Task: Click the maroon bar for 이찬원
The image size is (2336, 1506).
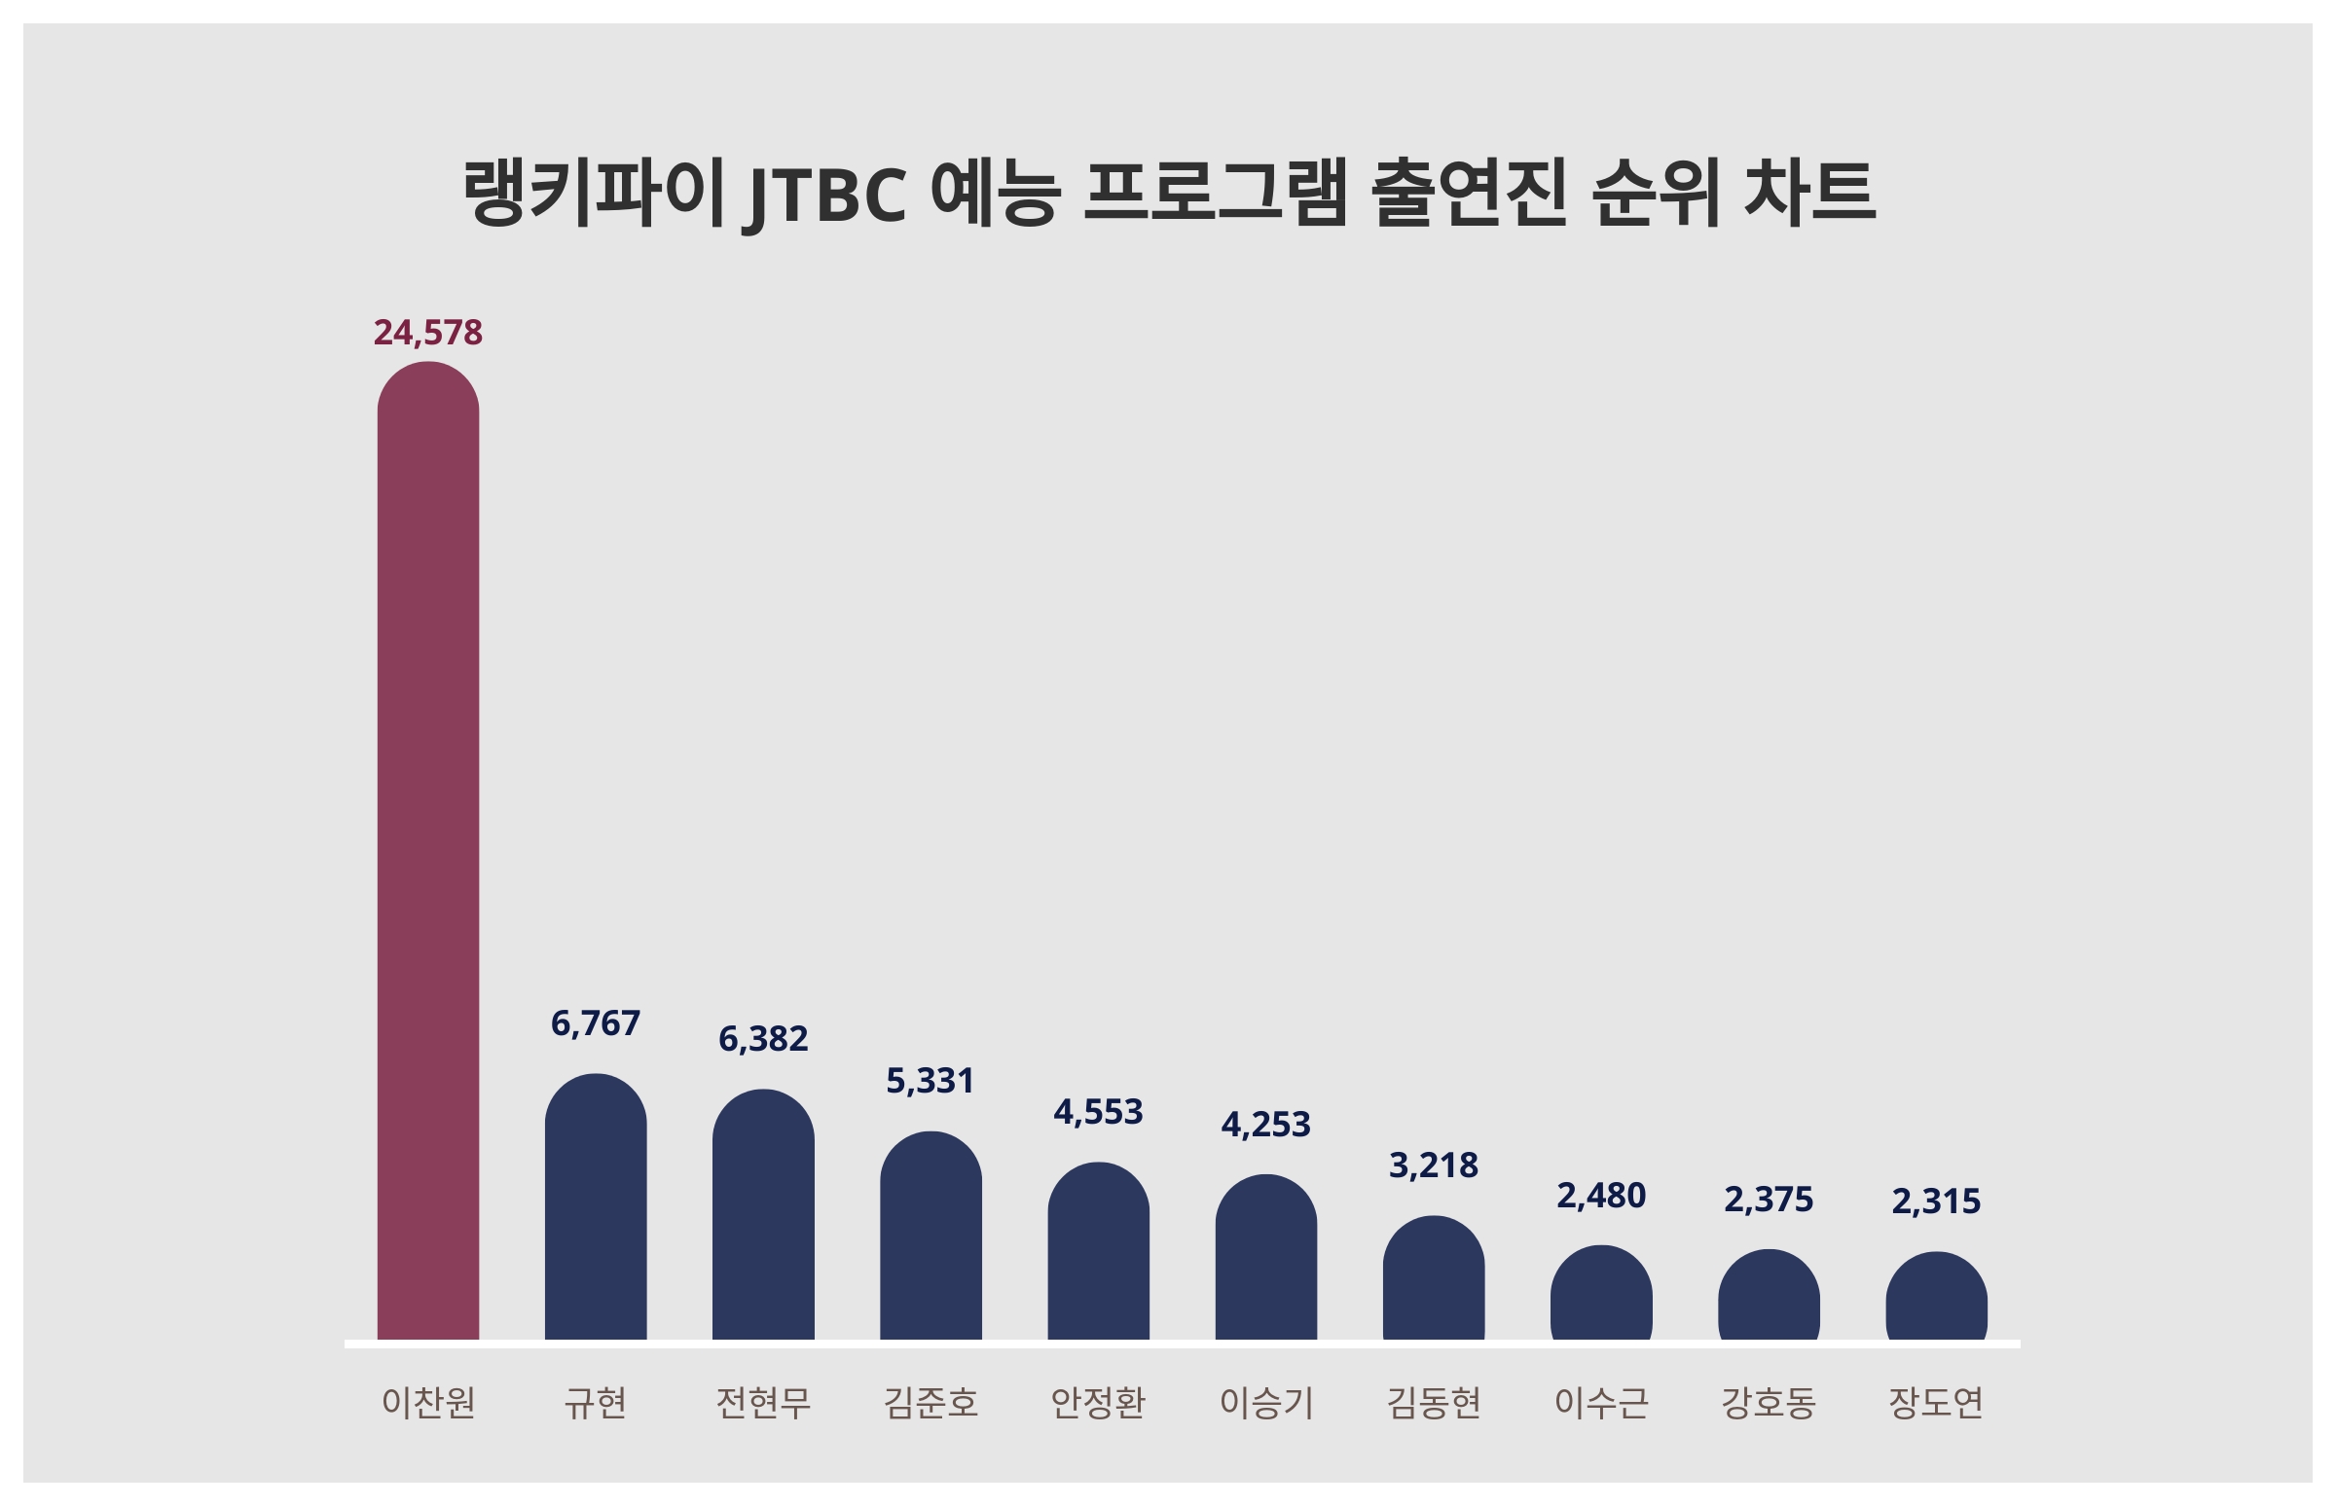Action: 427,851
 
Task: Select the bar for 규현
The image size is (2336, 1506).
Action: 595,1207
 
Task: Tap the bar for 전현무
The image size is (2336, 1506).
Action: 763,1215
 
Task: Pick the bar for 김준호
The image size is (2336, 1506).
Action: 931,1237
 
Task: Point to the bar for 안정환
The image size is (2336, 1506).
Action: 1098,1252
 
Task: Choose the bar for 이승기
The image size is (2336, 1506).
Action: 1266,1258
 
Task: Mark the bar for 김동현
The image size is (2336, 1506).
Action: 1433,1278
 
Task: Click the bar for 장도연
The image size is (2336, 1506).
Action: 1936,1297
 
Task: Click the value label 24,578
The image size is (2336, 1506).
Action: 427,334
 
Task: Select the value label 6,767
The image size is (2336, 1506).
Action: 595,1023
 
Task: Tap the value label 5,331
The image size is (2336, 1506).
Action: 931,1082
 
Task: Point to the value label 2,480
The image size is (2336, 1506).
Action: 1600,1196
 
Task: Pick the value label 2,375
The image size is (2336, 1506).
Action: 1768,1200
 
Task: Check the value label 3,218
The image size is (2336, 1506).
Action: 1433,1165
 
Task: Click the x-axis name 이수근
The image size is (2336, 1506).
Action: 1600,1403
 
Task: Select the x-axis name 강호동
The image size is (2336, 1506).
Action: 1768,1403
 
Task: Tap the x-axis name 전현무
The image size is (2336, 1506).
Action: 763,1403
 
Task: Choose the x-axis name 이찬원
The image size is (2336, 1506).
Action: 427,1403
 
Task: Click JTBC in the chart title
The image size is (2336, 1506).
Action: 826,194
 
